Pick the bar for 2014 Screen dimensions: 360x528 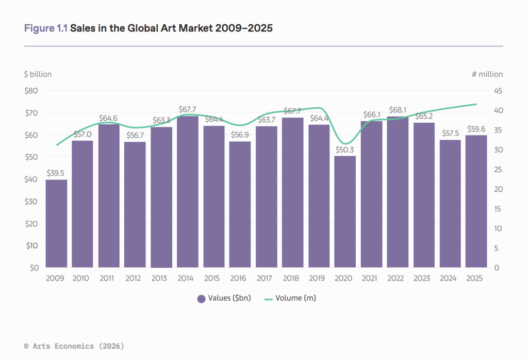click(188, 192)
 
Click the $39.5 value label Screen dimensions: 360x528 click(56, 173)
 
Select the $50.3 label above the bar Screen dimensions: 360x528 click(345, 149)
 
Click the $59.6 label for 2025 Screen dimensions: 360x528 click(476, 128)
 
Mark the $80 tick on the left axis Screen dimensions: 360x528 click(31, 91)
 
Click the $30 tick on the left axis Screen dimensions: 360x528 click(31, 202)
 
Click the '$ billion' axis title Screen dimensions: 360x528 click(38, 74)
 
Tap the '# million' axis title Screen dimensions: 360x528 click(487, 74)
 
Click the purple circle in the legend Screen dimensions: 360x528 click(202, 298)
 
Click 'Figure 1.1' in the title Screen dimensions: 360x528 click(46, 28)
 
